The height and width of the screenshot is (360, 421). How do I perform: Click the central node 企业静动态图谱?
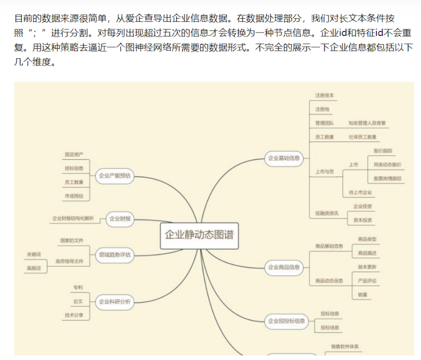(x=199, y=235)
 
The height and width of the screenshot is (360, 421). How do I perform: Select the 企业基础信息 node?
(x=284, y=158)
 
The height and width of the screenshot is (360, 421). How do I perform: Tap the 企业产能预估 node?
(x=115, y=176)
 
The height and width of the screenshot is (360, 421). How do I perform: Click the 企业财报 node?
(x=120, y=219)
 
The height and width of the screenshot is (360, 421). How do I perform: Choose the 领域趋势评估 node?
(x=115, y=255)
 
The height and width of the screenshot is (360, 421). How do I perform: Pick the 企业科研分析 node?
(x=115, y=302)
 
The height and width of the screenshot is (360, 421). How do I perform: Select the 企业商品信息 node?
(x=284, y=267)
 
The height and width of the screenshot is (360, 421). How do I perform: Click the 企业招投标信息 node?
(x=286, y=320)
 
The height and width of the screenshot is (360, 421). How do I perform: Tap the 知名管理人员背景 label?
(x=367, y=123)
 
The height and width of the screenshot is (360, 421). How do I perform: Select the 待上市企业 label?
(x=360, y=193)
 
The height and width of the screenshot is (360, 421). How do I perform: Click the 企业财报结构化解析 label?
(x=73, y=219)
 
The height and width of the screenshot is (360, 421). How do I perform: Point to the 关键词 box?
(x=34, y=254)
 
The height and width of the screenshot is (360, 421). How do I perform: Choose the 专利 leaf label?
(x=77, y=287)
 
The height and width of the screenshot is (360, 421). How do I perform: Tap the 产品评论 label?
(x=367, y=280)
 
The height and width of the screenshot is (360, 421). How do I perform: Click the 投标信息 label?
(x=330, y=328)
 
